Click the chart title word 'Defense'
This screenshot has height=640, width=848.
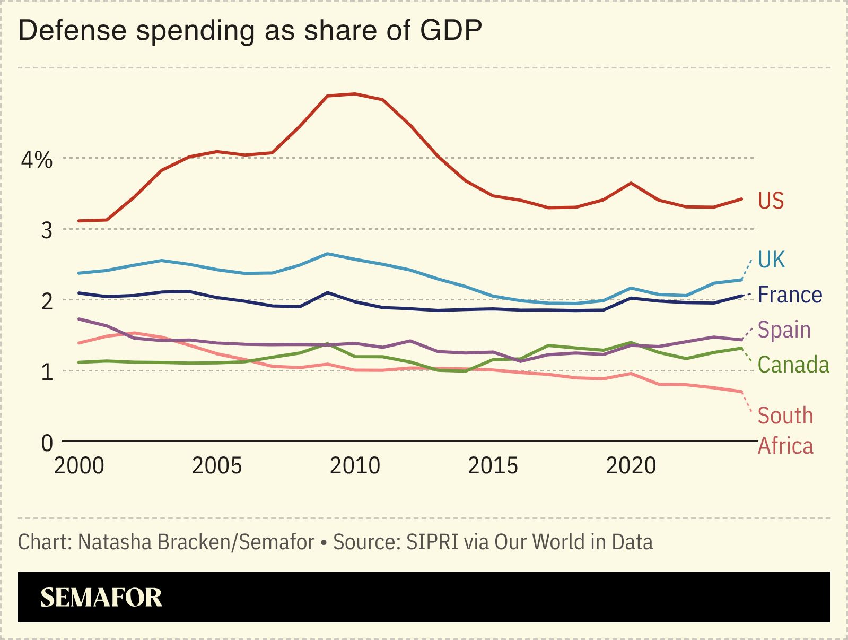coord(72,30)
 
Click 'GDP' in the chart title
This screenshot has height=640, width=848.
coord(451,30)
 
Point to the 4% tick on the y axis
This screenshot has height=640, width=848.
coord(37,160)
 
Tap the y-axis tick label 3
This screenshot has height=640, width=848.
coord(47,230)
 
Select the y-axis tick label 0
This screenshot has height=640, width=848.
coord(47,443)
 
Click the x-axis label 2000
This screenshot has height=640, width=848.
coord(79,466)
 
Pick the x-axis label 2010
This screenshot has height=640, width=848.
coord(355,466)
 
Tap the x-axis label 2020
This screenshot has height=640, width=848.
coord(631,466)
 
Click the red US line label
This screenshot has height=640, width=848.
coord(771,201)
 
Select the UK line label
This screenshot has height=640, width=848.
coord(771,260)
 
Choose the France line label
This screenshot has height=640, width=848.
coord(790,295)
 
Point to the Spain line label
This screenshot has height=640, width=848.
coord(784,330)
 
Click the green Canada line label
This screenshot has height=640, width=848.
coord(793,365)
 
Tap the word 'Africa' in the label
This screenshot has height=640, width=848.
coord(785,446)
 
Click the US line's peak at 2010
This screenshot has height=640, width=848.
coord(355,94)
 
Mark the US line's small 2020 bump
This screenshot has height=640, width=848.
coord(631,183)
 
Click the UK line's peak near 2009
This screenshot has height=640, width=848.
coord(328,254)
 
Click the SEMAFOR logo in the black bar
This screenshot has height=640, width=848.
coord(101,598)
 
